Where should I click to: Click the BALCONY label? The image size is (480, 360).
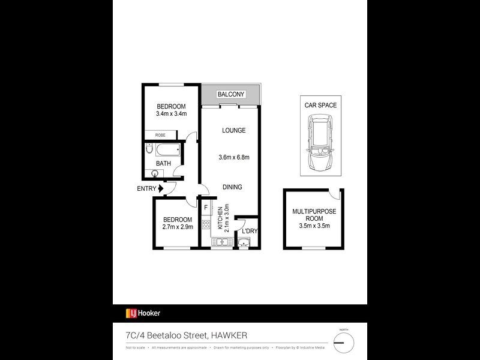pos(231,94)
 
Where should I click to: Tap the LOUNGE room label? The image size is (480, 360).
pos(233,130)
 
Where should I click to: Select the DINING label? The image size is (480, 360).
pos(232,187)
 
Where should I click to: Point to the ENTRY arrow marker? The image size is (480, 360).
pos(161,188)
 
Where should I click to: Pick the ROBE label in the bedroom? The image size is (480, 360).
pos(161,136)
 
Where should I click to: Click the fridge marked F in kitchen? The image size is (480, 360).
pos(206,208)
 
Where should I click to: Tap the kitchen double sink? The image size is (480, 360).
pos(220,242)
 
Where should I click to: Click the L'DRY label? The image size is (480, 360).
pos(249,231)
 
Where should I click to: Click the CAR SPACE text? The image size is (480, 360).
pos(320,105)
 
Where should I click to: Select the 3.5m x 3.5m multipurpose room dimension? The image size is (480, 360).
pos(314,226)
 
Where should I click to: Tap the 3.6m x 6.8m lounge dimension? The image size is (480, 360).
pos(233,158)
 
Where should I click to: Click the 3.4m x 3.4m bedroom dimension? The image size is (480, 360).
pos(171,113)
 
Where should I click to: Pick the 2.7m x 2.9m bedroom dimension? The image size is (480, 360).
pos(177,227)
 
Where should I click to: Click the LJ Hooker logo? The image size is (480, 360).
pos(143,313)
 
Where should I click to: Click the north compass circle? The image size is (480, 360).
pos(344,343)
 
